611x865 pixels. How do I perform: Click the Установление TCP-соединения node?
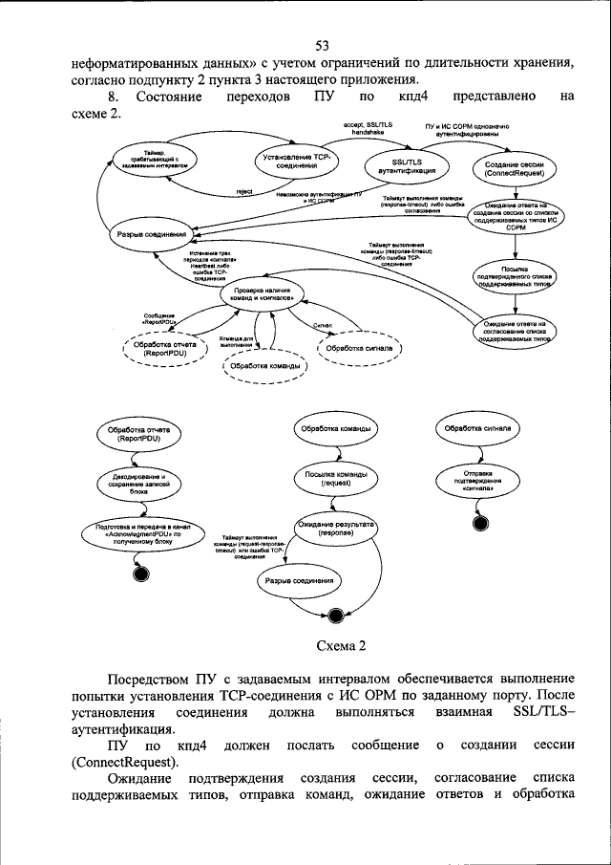pyautogui.click(x=296, y=161)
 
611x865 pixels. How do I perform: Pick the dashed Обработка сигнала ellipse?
pyautogui.click(x=359, y=348)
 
